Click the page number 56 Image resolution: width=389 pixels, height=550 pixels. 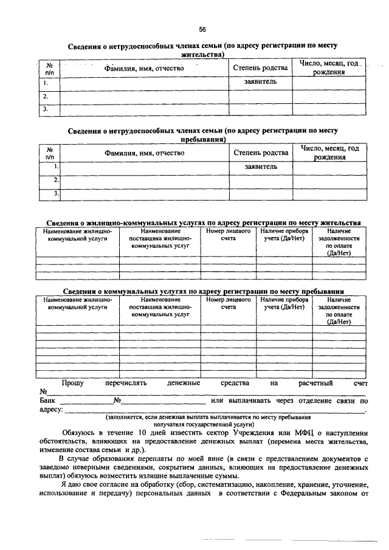(x=203, y=29)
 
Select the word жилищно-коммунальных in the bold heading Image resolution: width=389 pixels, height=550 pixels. (x=125, y=222)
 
